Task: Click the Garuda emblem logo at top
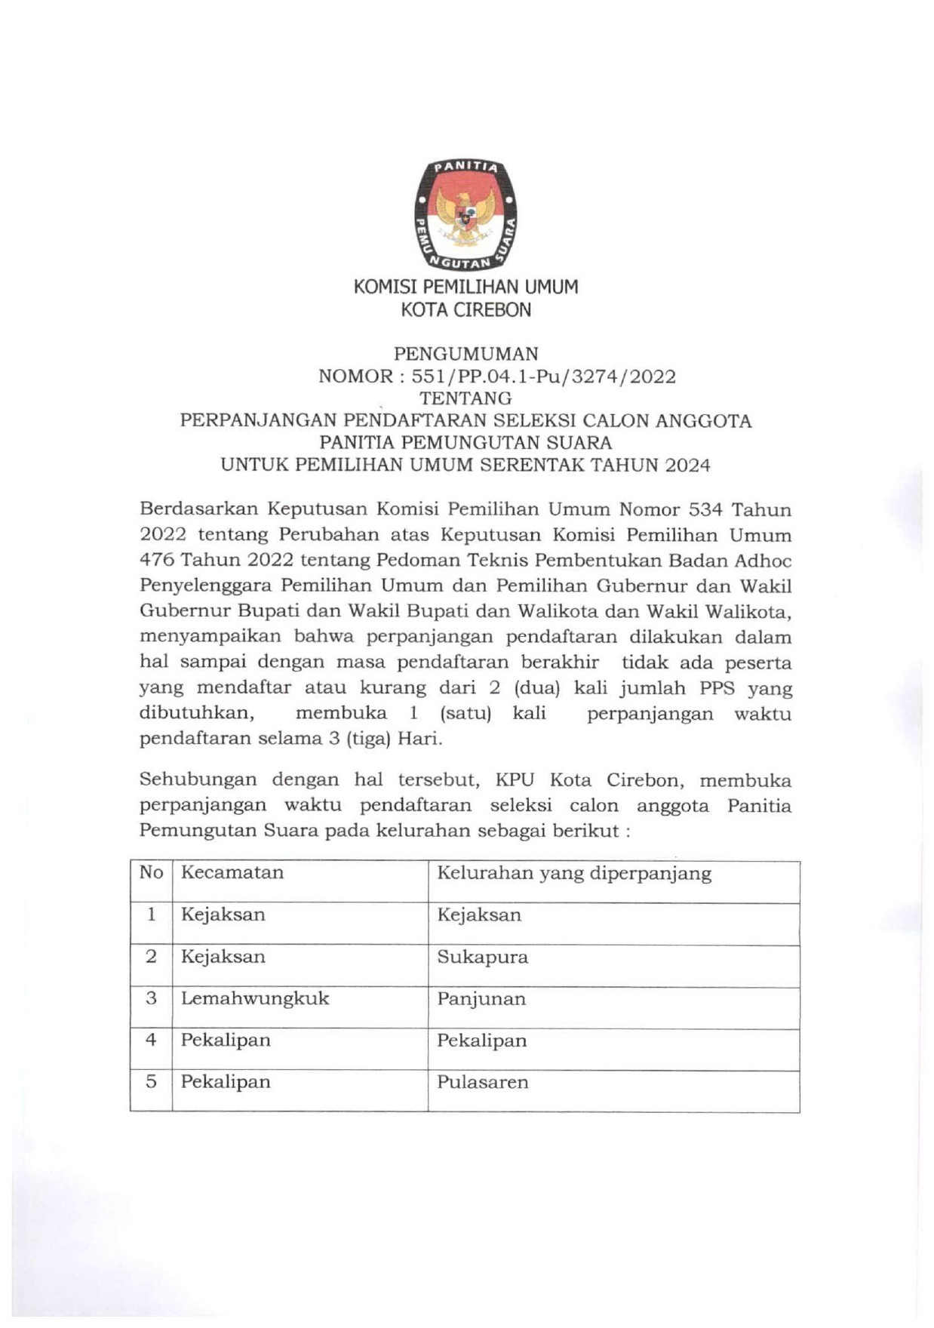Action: click(x=465, y=214)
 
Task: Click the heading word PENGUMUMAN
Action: click(x=466, y=353)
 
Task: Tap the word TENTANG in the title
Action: click(x=465, y=398)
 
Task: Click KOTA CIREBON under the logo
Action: click(x=465, y=309)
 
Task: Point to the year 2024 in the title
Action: click(x=687, y=465)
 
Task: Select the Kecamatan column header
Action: click(x=232, y=872)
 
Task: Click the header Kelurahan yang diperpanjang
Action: click(x=574, y=873)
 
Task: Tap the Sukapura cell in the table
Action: click(x=482, y=957)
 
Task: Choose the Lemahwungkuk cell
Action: click(x=255, y=998)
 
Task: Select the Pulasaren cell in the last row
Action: click(x=482, y=1082)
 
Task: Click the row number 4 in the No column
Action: click(x=151, y=1040)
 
